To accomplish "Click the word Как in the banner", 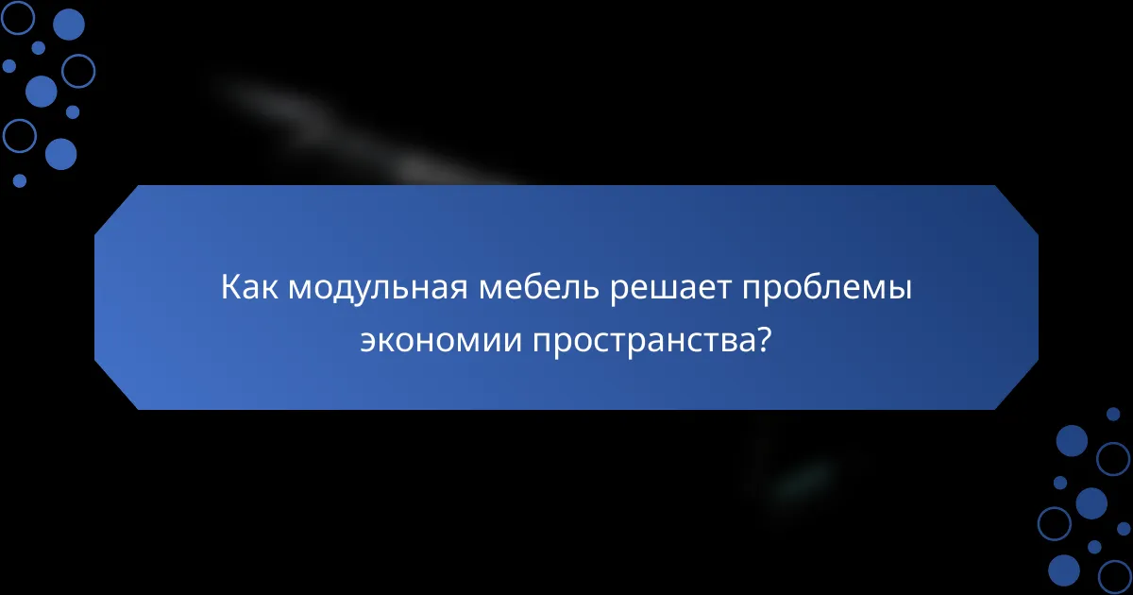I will click(x=249, y=288).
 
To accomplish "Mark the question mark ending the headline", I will click(x=765, y=341).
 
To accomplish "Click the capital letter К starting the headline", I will click(x=230, y=288).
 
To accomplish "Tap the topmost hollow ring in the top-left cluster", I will click(x=18, y=16).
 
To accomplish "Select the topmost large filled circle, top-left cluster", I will click(x=68, y=25).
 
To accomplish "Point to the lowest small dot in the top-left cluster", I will click(x=20, y=179).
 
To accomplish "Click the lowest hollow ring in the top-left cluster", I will click(x=19, y=136).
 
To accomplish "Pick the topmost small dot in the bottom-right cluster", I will click(x=1113, y=414).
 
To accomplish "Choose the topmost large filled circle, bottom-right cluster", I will click(x=1072, y=440).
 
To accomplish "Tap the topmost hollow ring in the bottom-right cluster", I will click(x=1113, y=458).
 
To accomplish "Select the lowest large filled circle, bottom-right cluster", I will click(x=1064, y=569).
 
